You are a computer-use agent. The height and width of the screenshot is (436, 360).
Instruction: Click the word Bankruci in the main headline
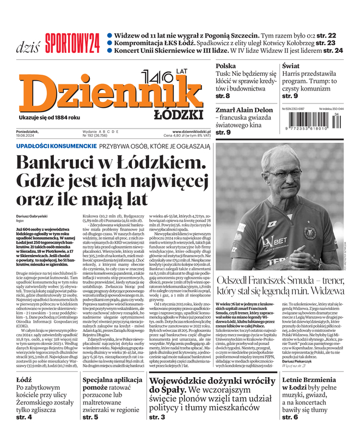(58, 163)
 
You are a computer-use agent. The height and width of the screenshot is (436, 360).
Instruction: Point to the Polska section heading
(225, 66)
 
